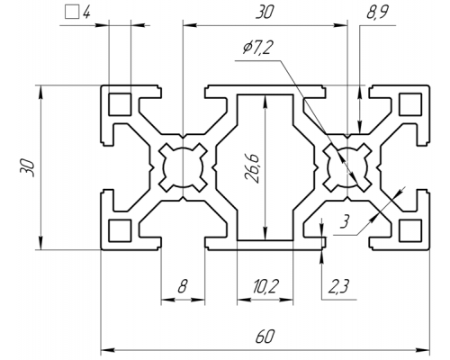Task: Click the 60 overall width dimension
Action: click(x=265, y=337)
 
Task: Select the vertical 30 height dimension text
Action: click(x=27, y=167)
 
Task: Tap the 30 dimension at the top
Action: click(x=265, y=13)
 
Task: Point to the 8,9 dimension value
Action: click(x=377, y=13)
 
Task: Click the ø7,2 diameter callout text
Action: click(x=258, y=48)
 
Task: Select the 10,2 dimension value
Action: click(x=265, y=287)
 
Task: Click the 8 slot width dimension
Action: click(x=183, y=286)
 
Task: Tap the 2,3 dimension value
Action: click(x=338, y=287)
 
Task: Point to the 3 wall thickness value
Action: click(x=345, y=222)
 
